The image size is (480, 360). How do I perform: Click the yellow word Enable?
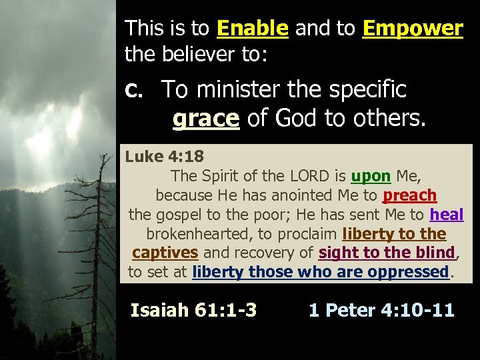coord(253,28)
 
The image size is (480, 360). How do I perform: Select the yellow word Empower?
coord(413,28)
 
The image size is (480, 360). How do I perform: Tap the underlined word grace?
coord(205,118)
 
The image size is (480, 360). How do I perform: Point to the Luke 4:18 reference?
coord(164,157)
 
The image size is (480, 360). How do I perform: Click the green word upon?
coord(371,176)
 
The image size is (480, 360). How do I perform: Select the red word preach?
coord(409,195)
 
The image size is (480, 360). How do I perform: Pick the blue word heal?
coord(447,215)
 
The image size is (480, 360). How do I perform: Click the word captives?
coord(165,253)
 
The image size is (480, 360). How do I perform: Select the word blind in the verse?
coord(435,253)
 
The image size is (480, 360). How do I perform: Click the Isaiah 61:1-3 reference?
coord(193,310)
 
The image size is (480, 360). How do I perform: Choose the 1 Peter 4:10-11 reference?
coord(381,310)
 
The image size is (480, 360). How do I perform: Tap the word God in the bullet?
coord(294,118)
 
